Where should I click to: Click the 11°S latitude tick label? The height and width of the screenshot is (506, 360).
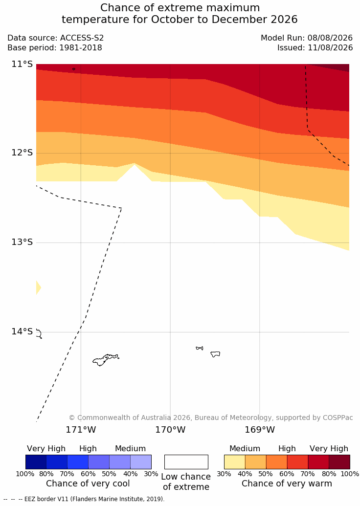pos(22,64)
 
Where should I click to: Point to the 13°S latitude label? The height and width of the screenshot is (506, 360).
pos(22,242)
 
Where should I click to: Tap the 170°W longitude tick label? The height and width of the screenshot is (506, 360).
pos(170,430)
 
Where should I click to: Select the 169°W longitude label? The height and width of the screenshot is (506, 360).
pos(260,430)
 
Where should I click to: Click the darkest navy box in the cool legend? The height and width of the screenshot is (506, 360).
pos(36,462)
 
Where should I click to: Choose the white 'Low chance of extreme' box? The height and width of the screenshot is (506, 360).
pos(186,462)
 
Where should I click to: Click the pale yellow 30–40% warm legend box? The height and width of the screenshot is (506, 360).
pos(235,462)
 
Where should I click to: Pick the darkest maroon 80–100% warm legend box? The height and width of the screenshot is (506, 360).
pos(339,462)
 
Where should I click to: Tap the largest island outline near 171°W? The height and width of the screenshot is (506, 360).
pos(106,360)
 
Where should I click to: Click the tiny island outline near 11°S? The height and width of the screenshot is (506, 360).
pos(74,69)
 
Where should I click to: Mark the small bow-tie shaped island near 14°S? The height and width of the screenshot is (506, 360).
pos(200,348)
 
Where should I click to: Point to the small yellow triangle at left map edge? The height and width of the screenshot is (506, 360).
pos(38,287)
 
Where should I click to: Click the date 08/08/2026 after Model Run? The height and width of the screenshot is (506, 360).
pos(330,38)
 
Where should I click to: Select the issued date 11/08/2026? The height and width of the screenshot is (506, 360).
pos(330,48)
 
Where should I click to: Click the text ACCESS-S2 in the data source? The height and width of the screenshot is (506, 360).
pos(82,38)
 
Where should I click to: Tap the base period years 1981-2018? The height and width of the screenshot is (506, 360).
pos(80,48)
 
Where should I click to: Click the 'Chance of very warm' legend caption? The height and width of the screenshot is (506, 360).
pos(287,484)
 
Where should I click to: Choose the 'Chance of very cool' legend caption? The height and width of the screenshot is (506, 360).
pos(88,484)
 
